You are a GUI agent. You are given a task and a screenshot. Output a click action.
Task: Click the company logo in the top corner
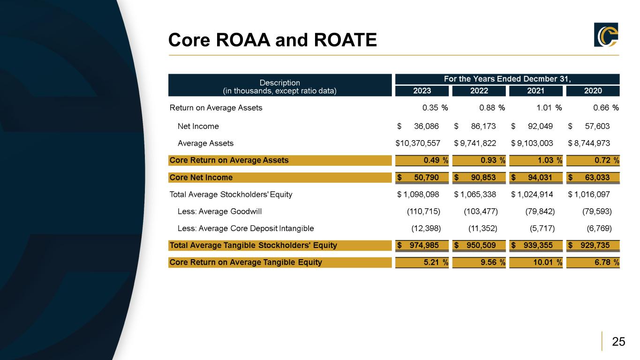pyautogui.click(x=606, y=35)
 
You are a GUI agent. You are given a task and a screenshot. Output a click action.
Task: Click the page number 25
pyautogui.click(x=618, y=342)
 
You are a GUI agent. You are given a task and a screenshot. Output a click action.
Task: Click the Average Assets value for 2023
pyautogui.click(x=418, y=143)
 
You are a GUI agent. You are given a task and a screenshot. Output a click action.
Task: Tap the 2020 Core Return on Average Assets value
pyautogui.click(x=593, y=160)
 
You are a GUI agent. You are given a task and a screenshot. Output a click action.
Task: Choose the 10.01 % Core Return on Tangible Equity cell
pyautogui.click(x=536, y=262)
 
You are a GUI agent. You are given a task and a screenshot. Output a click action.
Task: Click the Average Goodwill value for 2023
pyautogui.click(x=423, y=211)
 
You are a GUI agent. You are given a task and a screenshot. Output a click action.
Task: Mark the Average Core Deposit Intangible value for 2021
pyautogui.click(x=540, y=229)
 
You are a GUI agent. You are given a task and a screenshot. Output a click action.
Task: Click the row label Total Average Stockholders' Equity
pyautogui.click(x=231, y=195)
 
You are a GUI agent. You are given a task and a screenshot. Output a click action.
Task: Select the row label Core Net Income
pyautogui.click(x=201, y=178)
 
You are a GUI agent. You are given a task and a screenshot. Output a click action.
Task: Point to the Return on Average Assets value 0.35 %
pyautogui.click(x=435, y=108)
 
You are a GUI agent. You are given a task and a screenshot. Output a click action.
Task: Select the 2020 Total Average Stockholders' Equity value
pyautogui.click(x=590, y=195)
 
